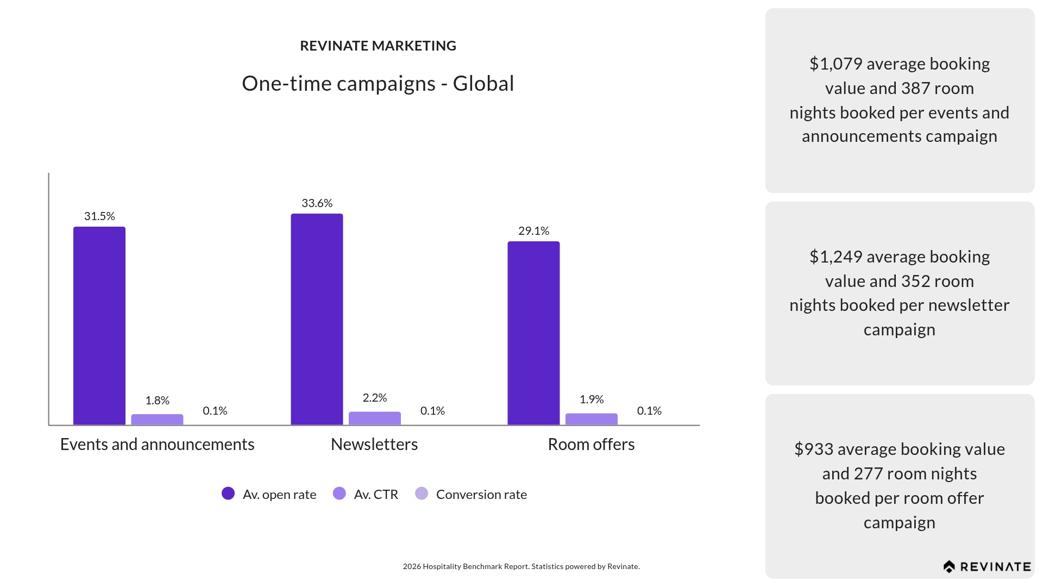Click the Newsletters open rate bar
click(317, 319)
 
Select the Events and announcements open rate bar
click(99, 326)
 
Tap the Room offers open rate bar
click(533, 333)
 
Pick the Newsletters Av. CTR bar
click(374, 418)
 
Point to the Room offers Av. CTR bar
click(591, 419)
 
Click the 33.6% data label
click(317, 203)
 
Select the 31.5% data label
click(99, 216)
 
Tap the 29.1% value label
click(533, 231)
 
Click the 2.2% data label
click(374, 398)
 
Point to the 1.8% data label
click(157, 401)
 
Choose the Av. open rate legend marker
click(228, 494)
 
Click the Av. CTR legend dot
click(339, 494)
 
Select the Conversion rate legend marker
click(422, 494)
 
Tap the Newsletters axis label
click(374, 445)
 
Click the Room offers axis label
click(591, 445)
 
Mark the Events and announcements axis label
click(157, 445)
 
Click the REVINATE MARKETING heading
click(378, 46)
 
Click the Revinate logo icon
click(949, 567)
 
